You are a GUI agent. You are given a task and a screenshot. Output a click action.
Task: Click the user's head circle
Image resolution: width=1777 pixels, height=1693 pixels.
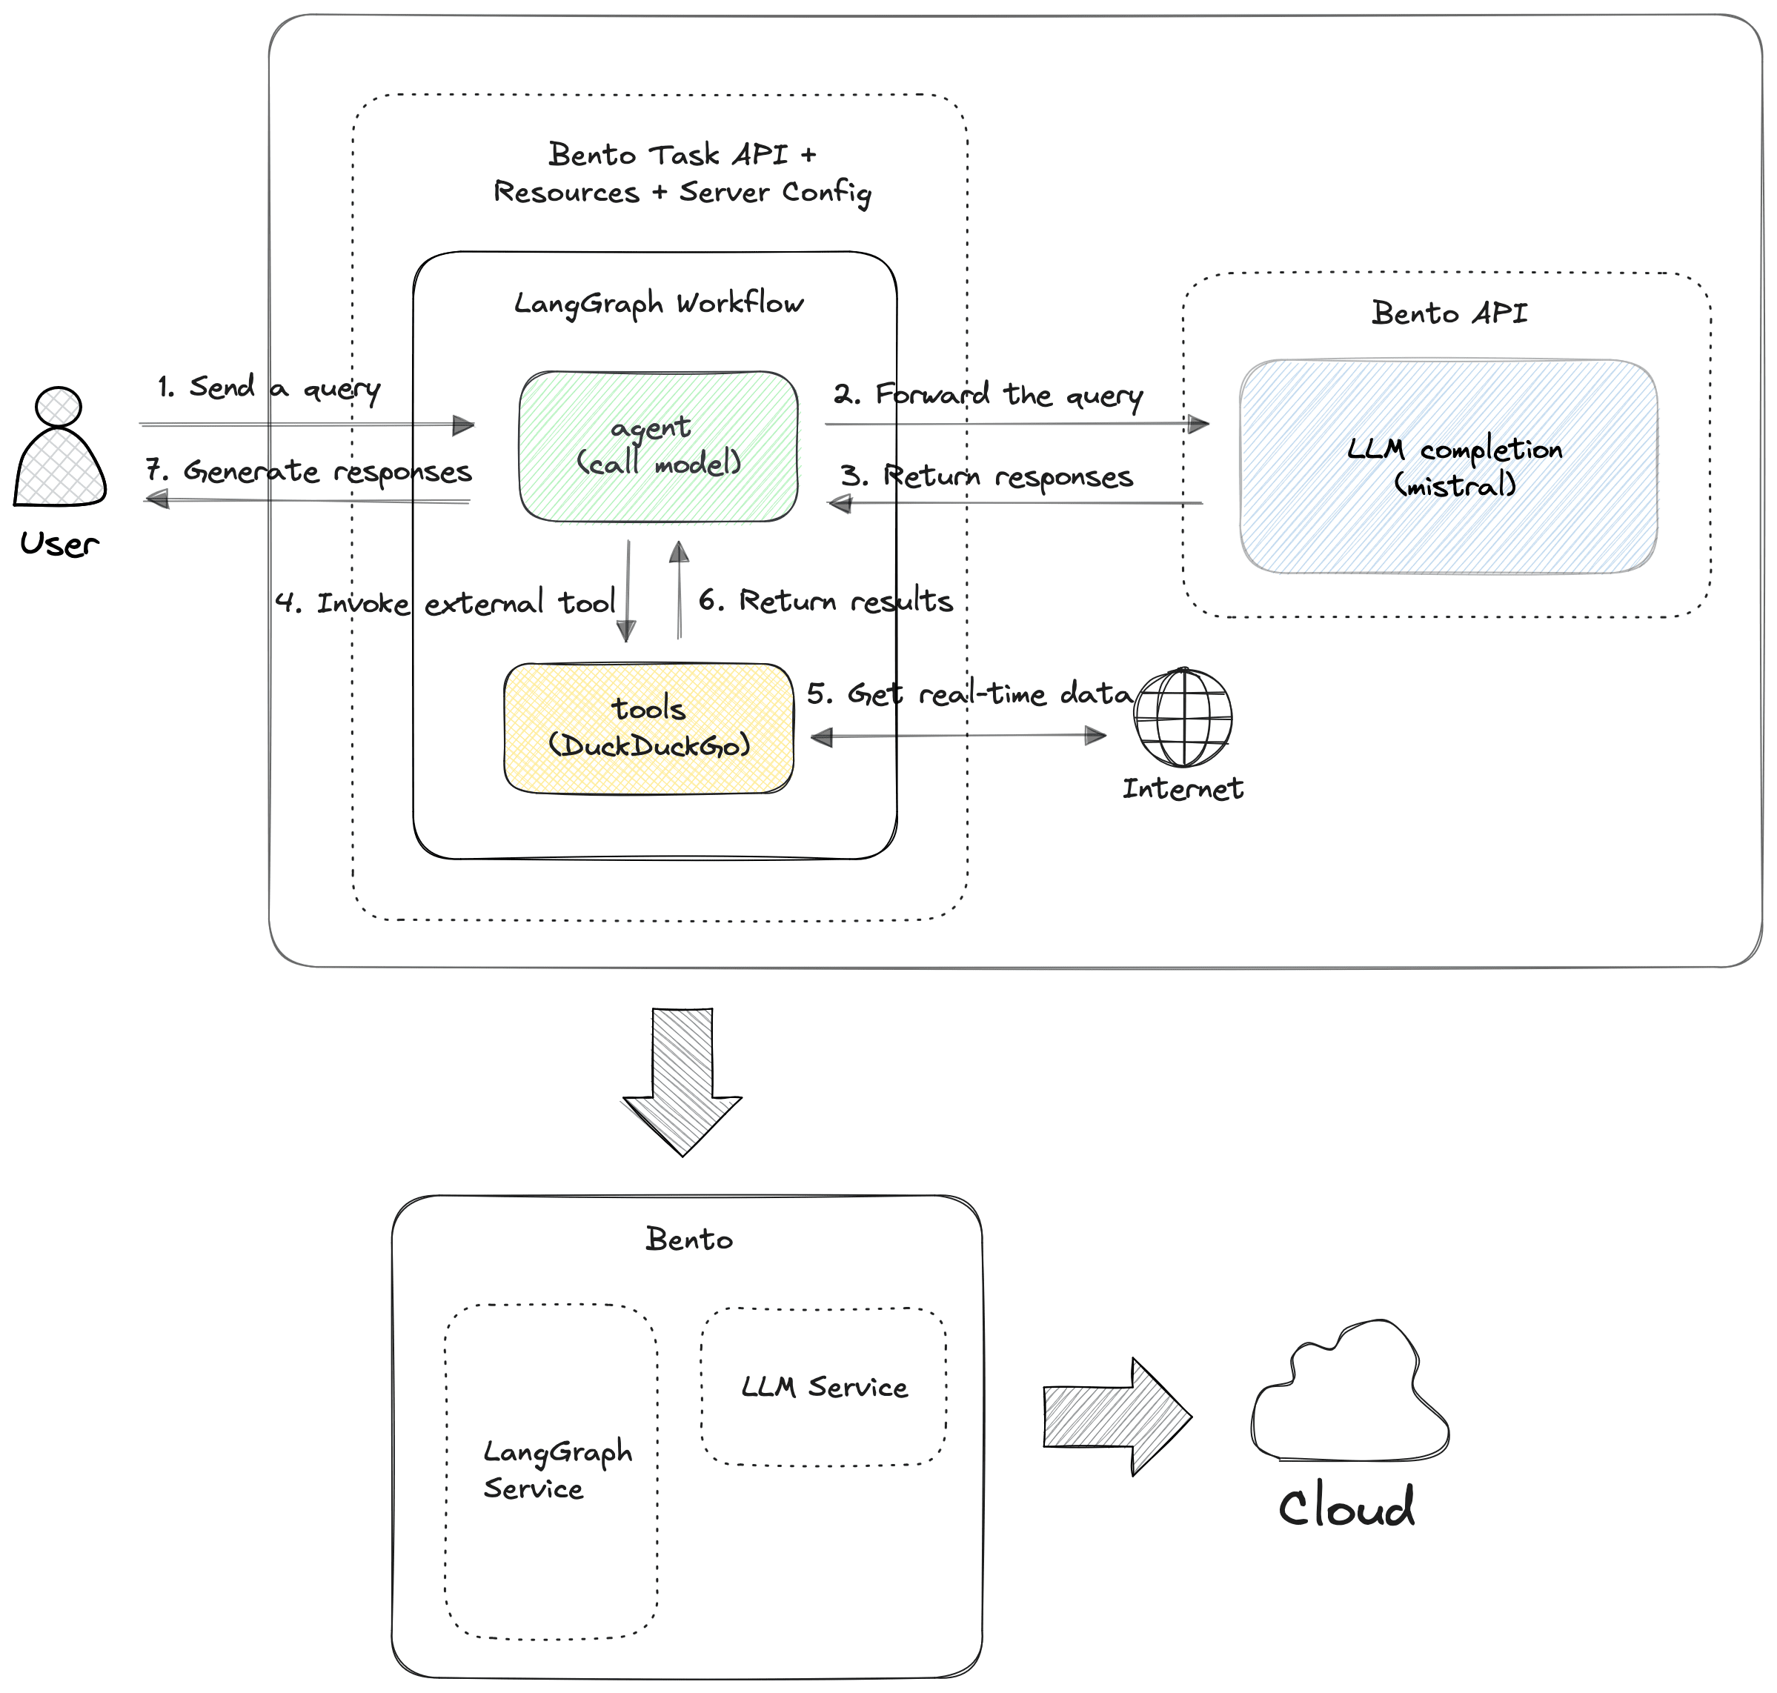(x=58, y=406)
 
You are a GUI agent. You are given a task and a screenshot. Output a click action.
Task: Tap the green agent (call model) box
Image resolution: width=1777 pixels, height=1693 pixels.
(x=658, y=446)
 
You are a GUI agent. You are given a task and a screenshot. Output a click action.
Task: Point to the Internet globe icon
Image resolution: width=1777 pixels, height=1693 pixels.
(x=1183, y=717)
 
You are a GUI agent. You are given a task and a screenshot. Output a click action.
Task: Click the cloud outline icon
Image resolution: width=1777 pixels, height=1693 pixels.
(x=1349, y=1394)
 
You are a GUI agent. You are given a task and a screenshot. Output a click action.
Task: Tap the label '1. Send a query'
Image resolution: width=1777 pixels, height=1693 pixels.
(x=268, y=388)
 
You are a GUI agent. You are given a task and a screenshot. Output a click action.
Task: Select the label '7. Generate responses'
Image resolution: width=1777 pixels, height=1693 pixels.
(x=309, y=471)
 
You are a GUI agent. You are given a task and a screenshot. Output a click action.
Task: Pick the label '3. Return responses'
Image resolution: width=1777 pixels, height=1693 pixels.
(x=986, y=476)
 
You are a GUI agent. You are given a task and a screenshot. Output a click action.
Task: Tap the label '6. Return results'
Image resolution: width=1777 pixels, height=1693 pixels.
(x=825, y=600)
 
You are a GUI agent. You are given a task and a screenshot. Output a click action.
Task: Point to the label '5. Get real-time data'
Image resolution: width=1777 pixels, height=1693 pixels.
(x=969, y=693)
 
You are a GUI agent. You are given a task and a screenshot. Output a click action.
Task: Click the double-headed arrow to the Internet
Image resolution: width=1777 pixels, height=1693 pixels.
(x=957, y=736)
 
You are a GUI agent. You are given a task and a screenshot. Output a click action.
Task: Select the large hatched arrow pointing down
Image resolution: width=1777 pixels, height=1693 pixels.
(x=682, y=1080)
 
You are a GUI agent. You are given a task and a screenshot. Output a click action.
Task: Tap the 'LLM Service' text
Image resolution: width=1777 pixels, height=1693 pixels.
(x=824, y=1387)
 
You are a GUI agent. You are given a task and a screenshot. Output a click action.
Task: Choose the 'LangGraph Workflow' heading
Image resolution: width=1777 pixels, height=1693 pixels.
(x=658, y=303)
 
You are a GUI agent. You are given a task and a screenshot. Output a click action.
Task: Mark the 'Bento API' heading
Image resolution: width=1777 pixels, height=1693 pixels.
(x=1449, y=313)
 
